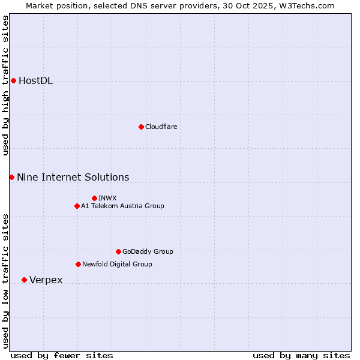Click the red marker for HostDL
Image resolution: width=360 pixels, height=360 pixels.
click(x=13, y=81)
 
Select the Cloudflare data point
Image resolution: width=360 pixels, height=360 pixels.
click(x=141, y=127)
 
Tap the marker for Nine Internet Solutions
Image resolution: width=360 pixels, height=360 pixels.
click(x=11, y=177)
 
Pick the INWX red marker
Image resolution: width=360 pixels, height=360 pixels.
click(x=94, y=198)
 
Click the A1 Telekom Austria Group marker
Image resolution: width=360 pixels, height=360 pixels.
click(x=77, y=206)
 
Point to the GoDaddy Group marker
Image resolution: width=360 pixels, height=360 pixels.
click(x=118, y=251)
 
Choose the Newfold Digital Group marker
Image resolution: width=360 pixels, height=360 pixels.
click(x=78, y=264)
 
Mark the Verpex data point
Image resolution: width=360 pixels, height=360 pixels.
click(x=24, y=280)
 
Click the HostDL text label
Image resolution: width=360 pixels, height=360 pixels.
click(x=36, y=81)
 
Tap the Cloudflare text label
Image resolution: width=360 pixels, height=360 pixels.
click(x=161, y=127)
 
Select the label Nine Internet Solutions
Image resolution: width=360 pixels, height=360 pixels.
click(x=73, y=177)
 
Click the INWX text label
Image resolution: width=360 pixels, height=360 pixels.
click(x=108, y=198)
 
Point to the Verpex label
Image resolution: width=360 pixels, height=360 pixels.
click(x=46, y=280)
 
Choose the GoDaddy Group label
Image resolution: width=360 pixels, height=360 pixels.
click(x=148, y=251)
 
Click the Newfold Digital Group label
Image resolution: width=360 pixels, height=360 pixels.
click(x=118, y=264)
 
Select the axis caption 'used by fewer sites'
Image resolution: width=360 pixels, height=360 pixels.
click(x=62, y=355)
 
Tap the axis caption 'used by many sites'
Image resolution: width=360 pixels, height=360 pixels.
click(x=301, y=355)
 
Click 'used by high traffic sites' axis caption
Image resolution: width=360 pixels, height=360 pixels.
click(x=6, y=85)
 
